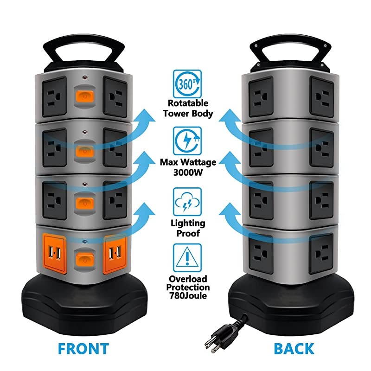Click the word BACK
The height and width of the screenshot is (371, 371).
(293, 348)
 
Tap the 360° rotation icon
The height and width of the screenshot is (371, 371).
(188, 83)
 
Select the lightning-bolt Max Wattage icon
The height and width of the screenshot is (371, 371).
(188, 142)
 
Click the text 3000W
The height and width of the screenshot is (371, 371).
(188, 171)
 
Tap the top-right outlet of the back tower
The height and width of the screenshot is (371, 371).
(321, 96)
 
